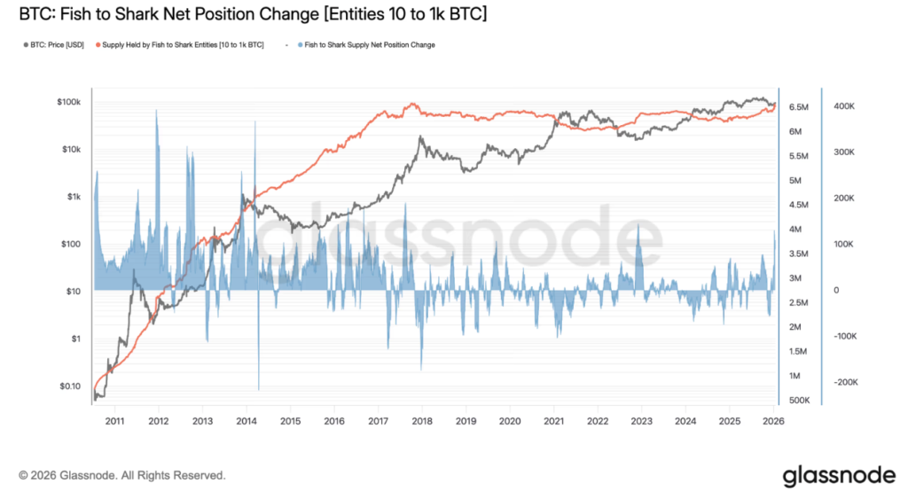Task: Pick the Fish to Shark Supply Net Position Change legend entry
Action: tap(367, 44)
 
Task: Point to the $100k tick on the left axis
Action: tap(68, 103)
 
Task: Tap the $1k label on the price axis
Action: tap(73, 197)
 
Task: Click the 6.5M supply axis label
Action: tap(798, 107)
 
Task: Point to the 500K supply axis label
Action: tap(799, 401)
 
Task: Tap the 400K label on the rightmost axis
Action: tap(843, 106)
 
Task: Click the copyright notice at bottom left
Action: tap(121, 476)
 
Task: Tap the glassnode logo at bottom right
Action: tap(839, 476)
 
